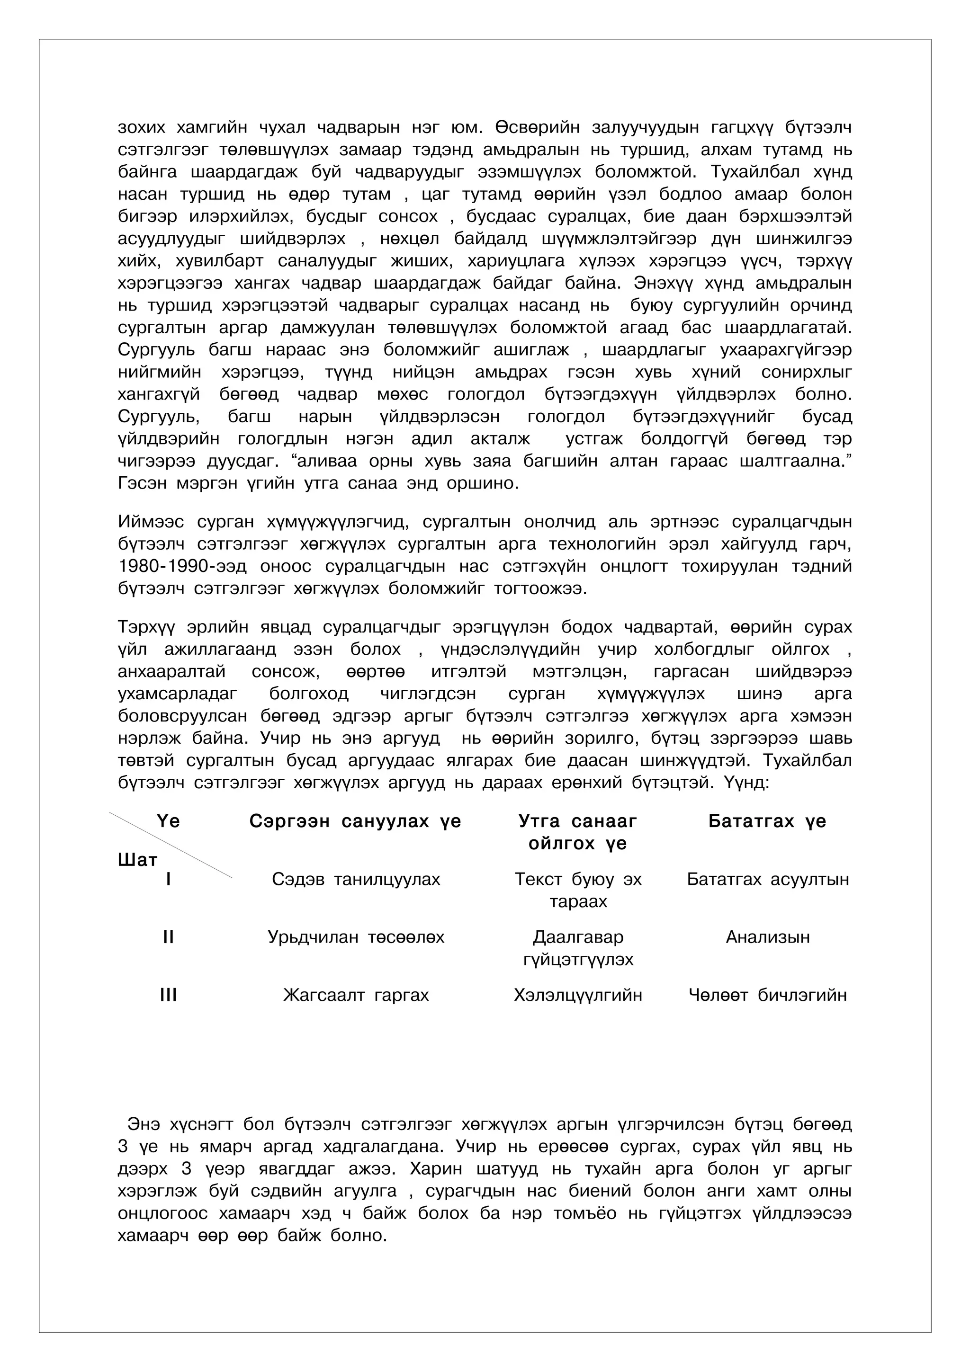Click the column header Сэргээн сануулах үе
point(355,822)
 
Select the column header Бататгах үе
point(767,822)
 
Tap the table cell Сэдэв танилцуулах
point(356,880)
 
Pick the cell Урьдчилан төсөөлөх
point(356,937)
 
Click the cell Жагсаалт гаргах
point(356,996)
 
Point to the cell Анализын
point(767,937)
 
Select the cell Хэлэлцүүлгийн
point(577,996)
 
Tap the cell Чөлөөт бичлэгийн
point(767,996)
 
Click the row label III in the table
point(168,996)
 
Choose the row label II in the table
point(168,937)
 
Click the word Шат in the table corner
point(137,861)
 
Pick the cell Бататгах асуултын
point(767,880)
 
